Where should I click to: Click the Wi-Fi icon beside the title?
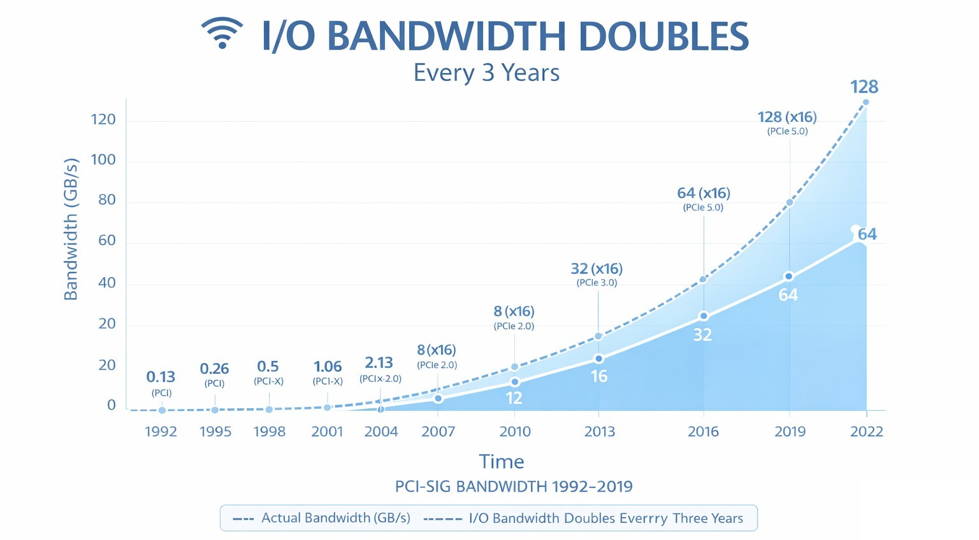pyautogui.click(x=222, y=33)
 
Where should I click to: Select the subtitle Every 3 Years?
pyautogui.click(x=486, y=73)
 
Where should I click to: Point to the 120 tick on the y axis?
pyautogui.click(x=103, y=120)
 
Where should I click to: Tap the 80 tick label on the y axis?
pyautogui.click(x=103, y=200)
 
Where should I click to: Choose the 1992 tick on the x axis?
pyautogui.click(x=161, y=432)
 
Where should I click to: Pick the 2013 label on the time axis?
pyautogui.click(x=599, y=432)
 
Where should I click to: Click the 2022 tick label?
pyautogui.click(x=866, y=432)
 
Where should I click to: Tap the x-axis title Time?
pyautogui.click(x=501, y=462)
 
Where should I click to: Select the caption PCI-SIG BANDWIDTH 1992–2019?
pyautogui.click(x=514, y=487)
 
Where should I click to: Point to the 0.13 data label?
pyautogui.click(x=161, y=377)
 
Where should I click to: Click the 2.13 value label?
pyautogui.click(x=379, y=363)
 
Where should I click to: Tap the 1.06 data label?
pyautogui.click(x=328, y=367)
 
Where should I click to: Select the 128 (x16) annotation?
pyautogui.click(x=787, y=117)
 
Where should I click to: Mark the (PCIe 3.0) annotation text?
pyautogui.click(x=597, y=283)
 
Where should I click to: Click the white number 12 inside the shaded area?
pyautogui.click(x=514, y=398)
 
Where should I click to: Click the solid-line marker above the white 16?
pyautogui.click(x=598, y=359)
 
